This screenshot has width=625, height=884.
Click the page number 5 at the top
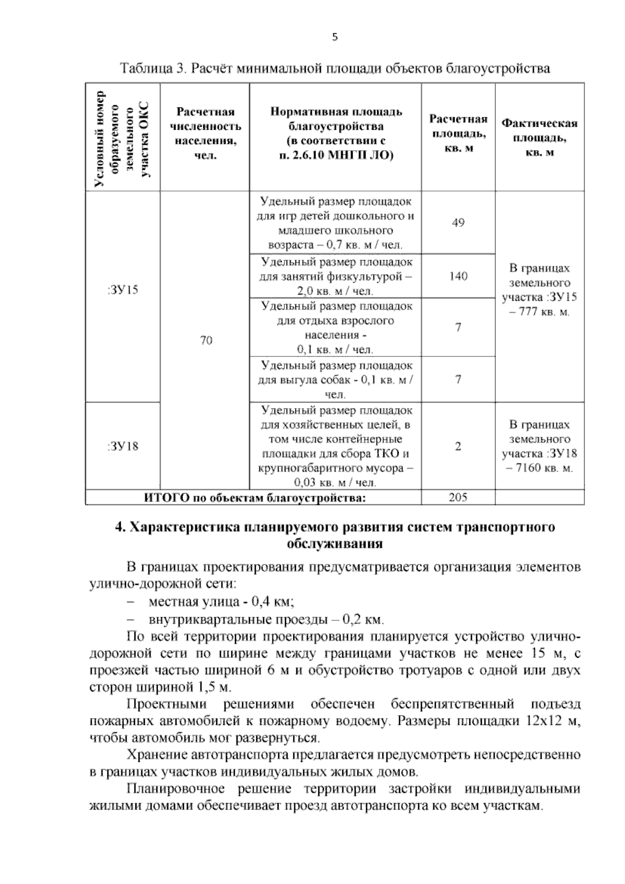(335, 37)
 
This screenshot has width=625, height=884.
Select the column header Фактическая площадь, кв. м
(539, 138)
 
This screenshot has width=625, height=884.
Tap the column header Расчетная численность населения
(205, 133)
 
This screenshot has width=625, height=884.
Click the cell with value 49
(458, 223)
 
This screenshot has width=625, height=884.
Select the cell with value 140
(458, 276)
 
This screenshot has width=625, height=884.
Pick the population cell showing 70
(206, 341)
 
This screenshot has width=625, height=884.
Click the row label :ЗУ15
(123, 290)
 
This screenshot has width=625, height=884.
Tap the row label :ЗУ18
(123, 447)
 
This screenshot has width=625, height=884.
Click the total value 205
(458, 497)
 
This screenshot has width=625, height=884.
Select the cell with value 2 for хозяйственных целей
(458, 447)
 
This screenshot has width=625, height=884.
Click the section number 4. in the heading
(120, 526)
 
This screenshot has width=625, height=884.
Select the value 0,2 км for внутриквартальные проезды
(363, 620)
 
